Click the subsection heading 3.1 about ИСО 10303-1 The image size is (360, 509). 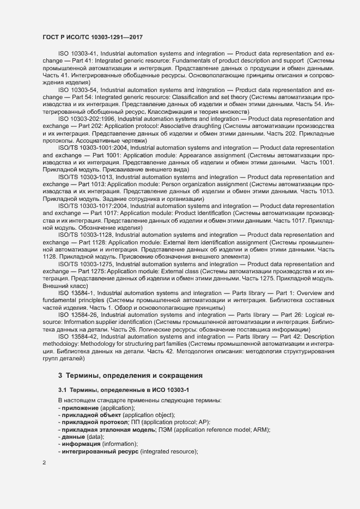[123, 390]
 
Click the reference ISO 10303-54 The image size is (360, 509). [77, 89]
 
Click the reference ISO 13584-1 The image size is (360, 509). [77, 293]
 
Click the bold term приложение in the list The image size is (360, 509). [80, 408]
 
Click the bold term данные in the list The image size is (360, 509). [74, 437]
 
